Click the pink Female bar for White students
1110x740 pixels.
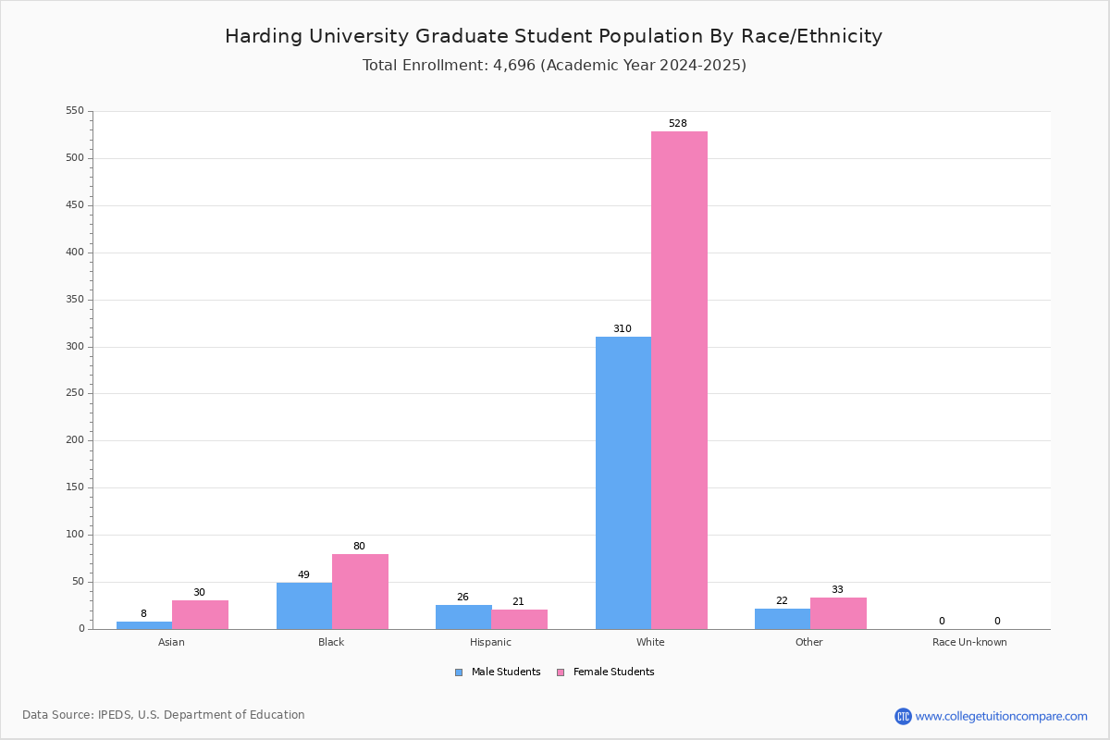(x=679, y=380)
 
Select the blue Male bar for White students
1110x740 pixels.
(x=623, y=483)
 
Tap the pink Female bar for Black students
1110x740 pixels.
(x=360, y=592)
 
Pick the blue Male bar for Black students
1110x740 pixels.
(x=304, y=606)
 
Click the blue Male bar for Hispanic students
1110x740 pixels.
(x=463, y=617)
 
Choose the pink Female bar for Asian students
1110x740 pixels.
(x=200, y=615)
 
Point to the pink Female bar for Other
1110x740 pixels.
(x=838, y=613)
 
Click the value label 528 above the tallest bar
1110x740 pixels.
(x=678, y=123)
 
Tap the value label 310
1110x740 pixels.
(x=623, y=328)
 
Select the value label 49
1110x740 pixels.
(x=303, y=574)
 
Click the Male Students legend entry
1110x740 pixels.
(x=498, y=672)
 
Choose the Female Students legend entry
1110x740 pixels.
(x=606, y=672)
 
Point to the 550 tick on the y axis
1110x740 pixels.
(x=75, y=110)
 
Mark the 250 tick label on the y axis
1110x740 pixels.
(x=75, y=393)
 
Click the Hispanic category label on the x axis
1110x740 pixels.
(x=490, y=642)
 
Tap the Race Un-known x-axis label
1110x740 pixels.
(x=969, y=642)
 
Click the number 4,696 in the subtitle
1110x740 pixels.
(x=514, y=66)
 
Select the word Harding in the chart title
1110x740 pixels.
(x=264, y=37)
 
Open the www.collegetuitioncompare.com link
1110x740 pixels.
(x=1002, y=716)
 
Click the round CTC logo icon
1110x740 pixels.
(x=904, y=716)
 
